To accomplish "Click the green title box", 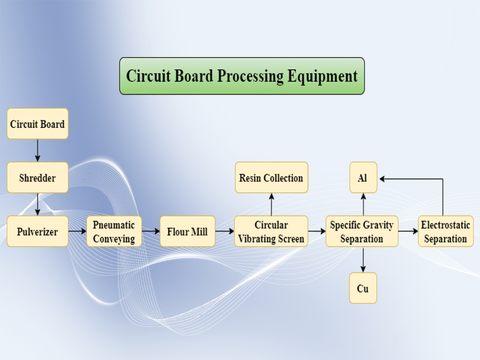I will click(241, 76).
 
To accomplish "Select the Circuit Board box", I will click(37, 124).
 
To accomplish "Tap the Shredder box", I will click(37, 178).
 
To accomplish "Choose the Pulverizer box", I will click(37, 231).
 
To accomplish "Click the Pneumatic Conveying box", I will click(114, 231).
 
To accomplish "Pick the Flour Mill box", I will click(187, 231).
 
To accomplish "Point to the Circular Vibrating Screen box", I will click(271, 231).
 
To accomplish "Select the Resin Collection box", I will click(271, 178).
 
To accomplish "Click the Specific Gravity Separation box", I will click(361, 231).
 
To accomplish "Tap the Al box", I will click(363, 178).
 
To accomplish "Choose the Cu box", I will click(363, 288).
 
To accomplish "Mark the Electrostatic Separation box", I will click(445, 231).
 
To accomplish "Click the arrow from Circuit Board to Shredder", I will click(37, 151).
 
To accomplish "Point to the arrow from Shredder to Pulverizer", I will click(37, 204).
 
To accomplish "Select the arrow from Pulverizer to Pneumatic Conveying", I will click(77, 231).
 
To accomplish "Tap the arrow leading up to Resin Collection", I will click(271, 204).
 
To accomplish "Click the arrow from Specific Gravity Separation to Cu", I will click(363, 260).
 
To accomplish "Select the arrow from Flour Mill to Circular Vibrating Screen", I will click(225, 231).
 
